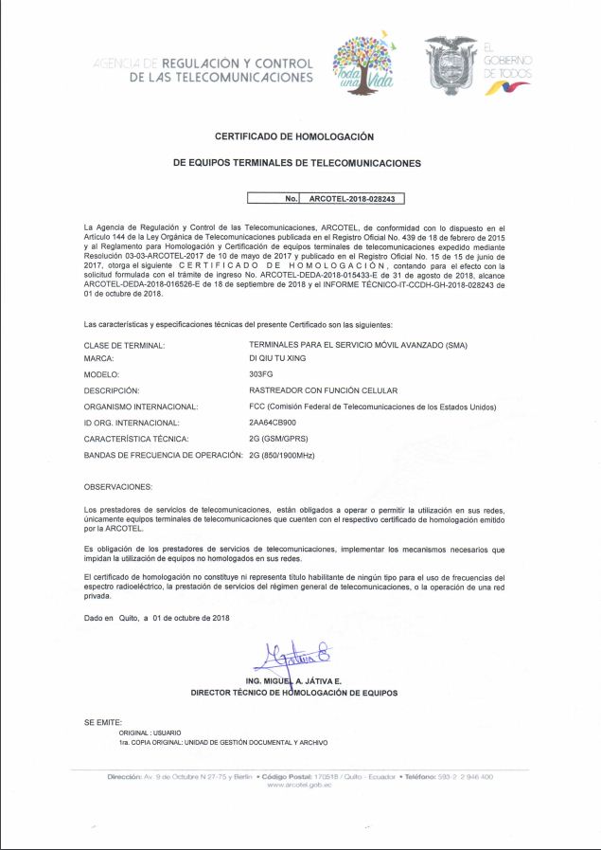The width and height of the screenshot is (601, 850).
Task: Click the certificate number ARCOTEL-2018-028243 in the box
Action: click(351, 200)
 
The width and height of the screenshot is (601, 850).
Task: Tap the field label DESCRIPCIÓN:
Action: click(112, 390)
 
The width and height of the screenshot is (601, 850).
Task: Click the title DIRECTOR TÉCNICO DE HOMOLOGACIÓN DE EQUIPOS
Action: click(294, 693)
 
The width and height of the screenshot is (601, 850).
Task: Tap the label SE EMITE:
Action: click(103, 722)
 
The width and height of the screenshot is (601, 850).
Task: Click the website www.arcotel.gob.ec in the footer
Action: click(299, 785)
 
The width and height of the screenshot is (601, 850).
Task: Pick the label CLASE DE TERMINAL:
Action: click(125, 344)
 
